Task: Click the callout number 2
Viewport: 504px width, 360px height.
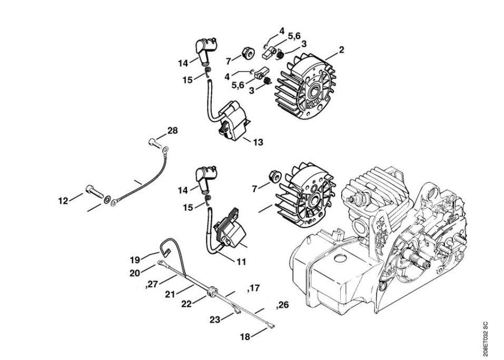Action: [341, 50]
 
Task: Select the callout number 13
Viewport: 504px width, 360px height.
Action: [258, 142]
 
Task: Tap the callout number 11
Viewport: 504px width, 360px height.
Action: [242, 261]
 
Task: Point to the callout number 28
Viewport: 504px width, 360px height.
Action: [173, 130]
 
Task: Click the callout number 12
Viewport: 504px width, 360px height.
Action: [63, 201]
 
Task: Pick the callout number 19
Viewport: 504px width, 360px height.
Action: [135, 259]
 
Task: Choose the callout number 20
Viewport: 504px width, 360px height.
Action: [135, 273]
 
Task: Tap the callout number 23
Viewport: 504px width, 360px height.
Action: [215, 319]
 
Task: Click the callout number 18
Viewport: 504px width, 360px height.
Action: [245, 337]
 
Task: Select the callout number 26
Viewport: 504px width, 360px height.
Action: [283, 305]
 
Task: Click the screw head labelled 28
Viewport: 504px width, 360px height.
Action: [152, 141]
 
